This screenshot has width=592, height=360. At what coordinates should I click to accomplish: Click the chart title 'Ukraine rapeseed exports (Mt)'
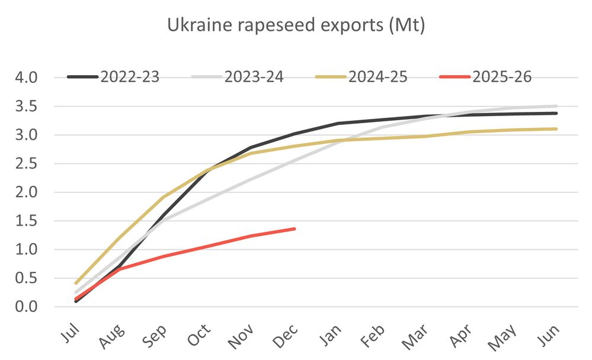pos(296,26)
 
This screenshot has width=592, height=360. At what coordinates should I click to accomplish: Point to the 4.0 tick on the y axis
pos(25,78)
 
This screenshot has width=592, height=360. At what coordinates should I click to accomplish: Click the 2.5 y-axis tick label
pos(25,163)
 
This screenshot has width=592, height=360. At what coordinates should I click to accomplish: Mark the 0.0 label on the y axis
pos(25,307)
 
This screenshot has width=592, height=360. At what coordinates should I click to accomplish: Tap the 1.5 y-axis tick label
pos(25,221)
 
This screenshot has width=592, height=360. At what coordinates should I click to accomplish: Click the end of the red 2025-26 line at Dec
pos(295,229)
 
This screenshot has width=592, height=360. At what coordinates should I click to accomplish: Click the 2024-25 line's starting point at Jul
pos(76,283)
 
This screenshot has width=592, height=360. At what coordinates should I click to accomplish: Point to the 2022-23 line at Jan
pos(338,123)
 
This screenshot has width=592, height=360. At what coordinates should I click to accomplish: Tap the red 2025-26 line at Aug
pos(120,269)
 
